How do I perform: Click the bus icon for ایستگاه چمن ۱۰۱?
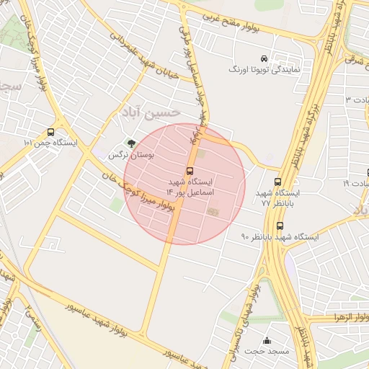(x=50, y=133)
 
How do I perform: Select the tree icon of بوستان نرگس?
(x=130, y=143)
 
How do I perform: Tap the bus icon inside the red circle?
(x=190, y=172)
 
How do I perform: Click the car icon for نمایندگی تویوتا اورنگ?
(x=264, y=58)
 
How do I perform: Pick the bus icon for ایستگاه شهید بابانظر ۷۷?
(x=278, y=182)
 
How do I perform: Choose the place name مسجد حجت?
(x=266, y=351)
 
